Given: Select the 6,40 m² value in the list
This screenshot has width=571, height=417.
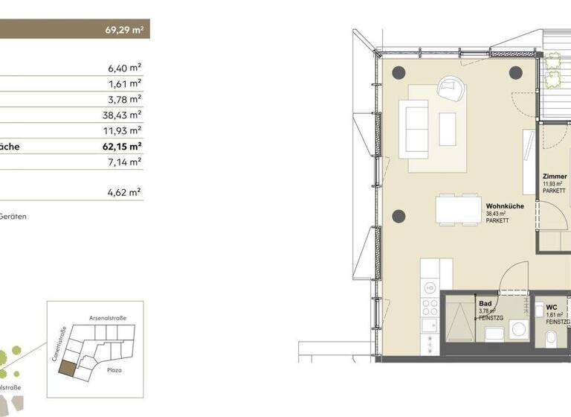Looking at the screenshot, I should (125, 69).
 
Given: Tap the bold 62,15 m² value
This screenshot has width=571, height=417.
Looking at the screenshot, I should (123, 147).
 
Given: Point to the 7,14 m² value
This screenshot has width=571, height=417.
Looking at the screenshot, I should (125, 162).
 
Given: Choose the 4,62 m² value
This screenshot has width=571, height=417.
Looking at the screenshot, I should (125, 193).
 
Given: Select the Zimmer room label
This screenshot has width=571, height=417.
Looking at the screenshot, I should (555, 176).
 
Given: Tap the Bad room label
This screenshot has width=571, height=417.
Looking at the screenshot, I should (485, 304).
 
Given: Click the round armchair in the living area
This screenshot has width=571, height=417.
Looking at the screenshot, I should (452, 90).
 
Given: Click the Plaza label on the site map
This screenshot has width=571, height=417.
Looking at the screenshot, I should (114, 369).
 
